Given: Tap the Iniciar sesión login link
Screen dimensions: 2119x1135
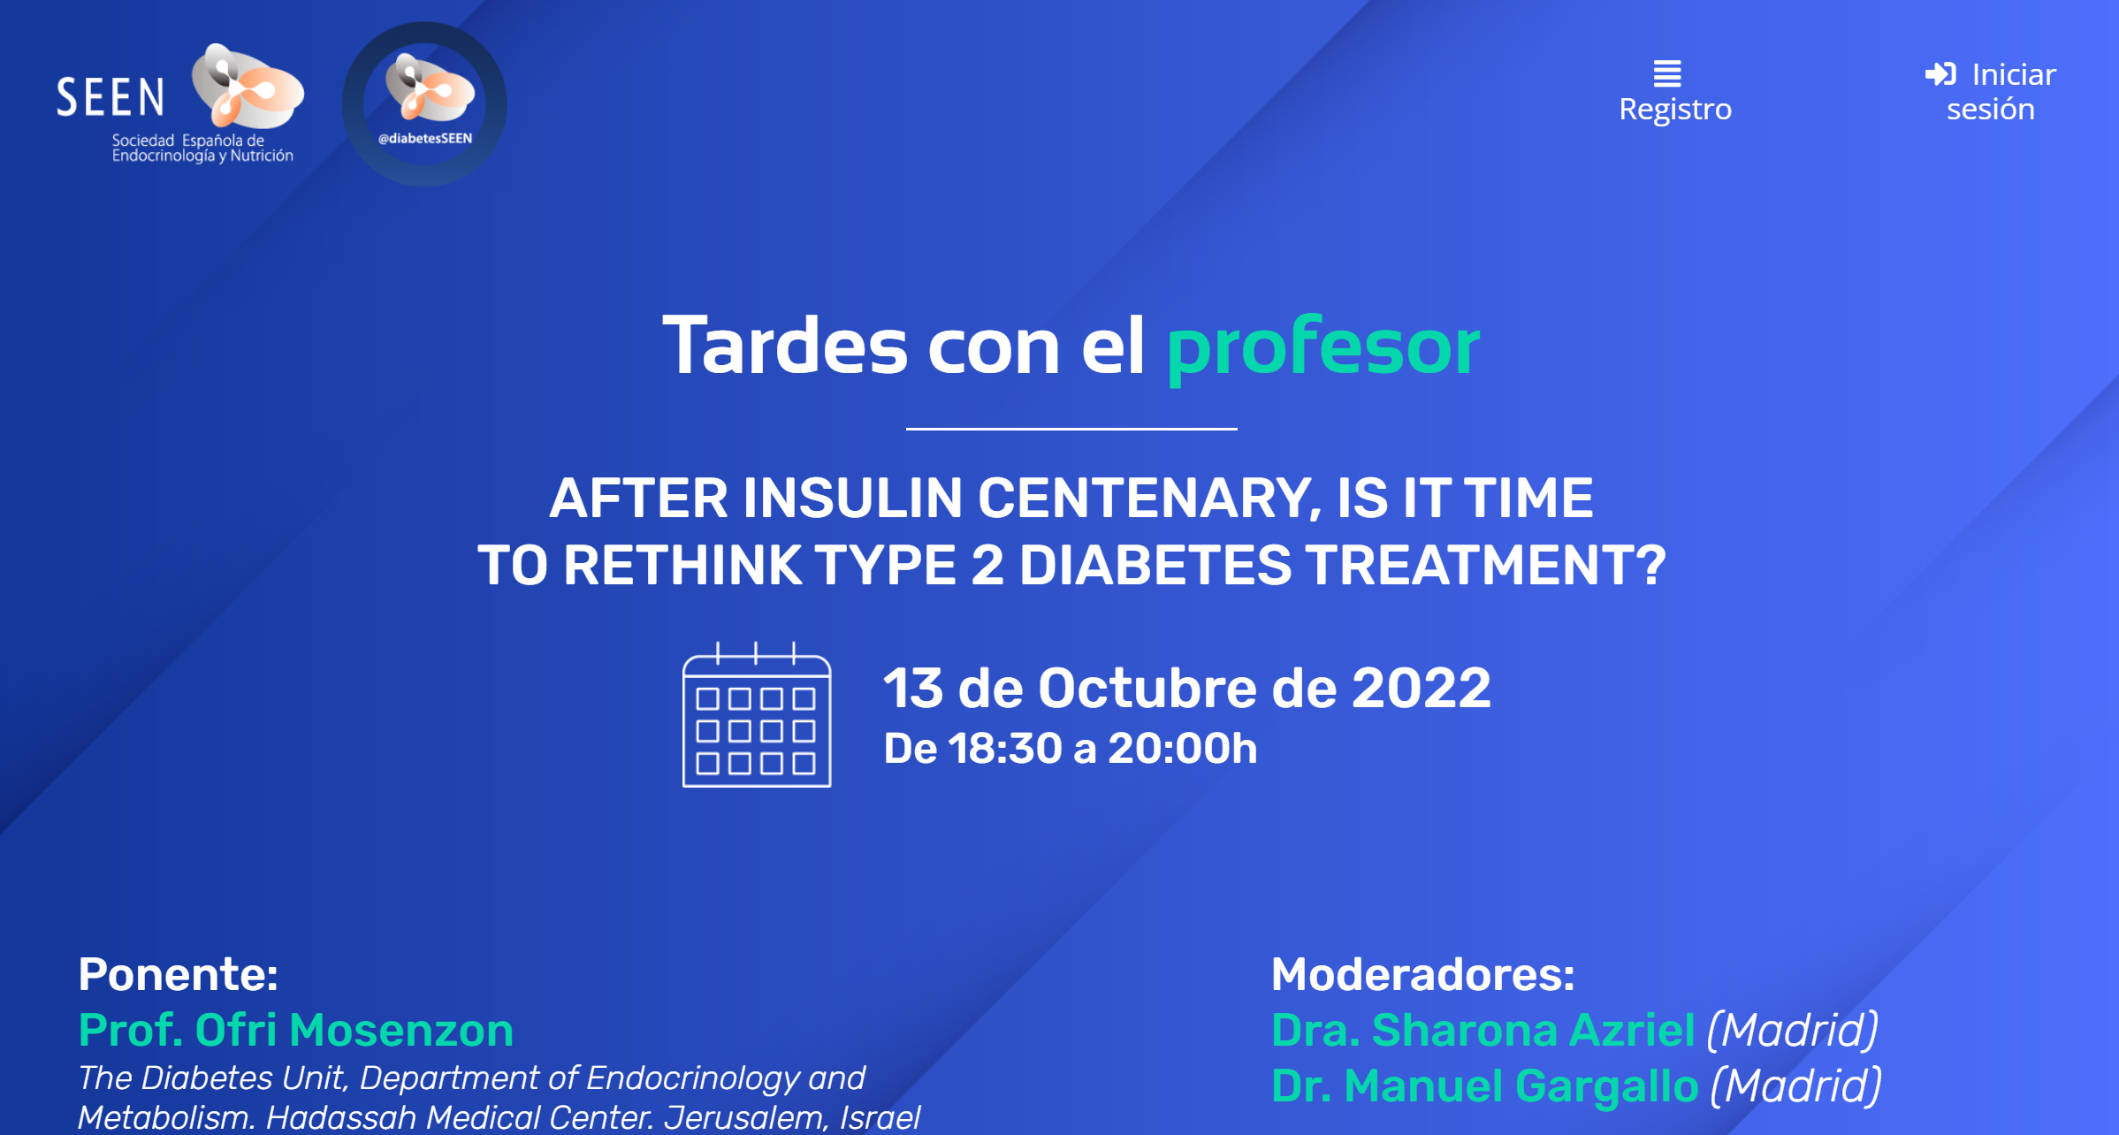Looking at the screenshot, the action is click(1991, 91).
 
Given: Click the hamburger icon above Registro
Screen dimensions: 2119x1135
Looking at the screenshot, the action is click(1667, 73).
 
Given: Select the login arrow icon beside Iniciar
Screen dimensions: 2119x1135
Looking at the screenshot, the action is click(1940, 74).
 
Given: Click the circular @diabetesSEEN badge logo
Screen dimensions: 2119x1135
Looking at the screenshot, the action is click(424, 104).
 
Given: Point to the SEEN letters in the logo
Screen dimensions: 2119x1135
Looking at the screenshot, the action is click(111, 97).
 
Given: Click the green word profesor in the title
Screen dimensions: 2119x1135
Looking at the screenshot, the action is click(1322, 347).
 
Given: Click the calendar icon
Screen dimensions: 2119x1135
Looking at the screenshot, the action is click(757, 714).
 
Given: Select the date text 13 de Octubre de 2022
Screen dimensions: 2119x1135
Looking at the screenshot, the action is click(1187, 688).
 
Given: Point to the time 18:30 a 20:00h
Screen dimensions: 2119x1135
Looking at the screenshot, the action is click(1102, 749).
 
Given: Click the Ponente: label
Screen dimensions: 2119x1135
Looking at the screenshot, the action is click(179, 974).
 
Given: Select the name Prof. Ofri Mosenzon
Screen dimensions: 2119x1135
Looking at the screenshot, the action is click(296, 1030).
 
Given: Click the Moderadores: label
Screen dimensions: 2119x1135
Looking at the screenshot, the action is click(1423, 974).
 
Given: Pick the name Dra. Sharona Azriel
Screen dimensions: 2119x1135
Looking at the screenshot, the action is click(1483, 1030).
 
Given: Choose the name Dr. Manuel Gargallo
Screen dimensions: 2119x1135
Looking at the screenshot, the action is click(1485, 1085).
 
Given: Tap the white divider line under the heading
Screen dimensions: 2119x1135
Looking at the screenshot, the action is click(1071, 429).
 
